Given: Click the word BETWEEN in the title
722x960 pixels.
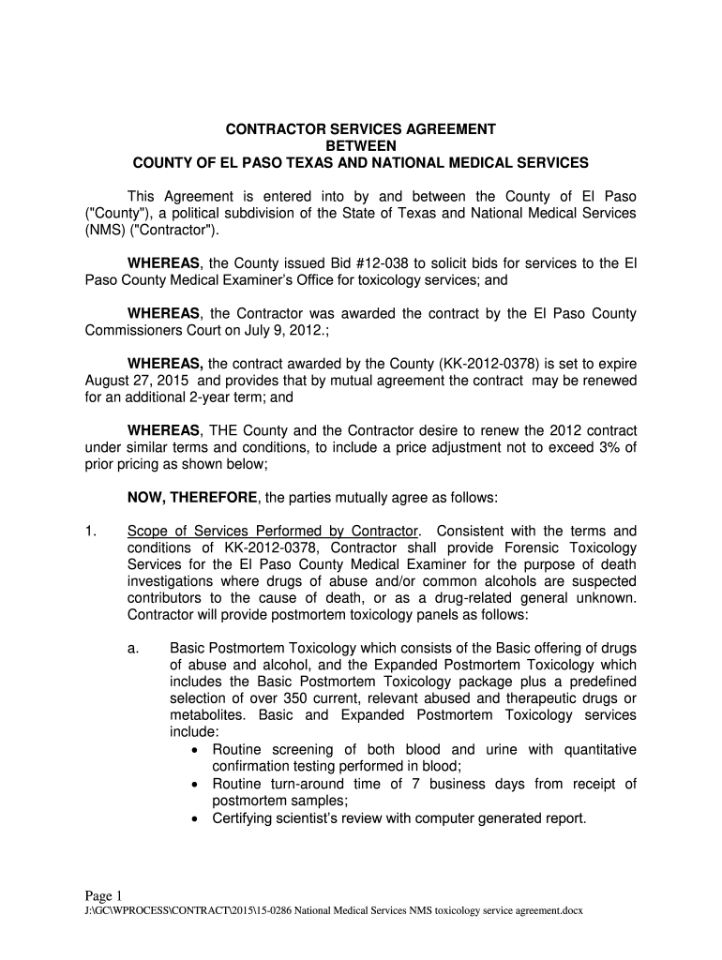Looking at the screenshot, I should (x=361, y=145).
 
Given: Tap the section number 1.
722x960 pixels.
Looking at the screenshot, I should (x=90, y=531).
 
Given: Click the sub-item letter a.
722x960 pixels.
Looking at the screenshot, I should (x=133, y=648).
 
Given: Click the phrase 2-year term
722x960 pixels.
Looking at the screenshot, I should (x=226, y=397).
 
